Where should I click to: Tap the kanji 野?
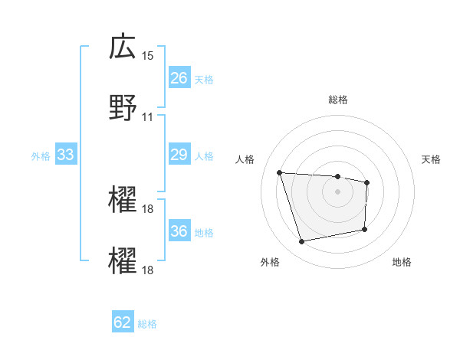[x=123, y=108]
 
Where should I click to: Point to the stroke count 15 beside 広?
[x=148, y=56]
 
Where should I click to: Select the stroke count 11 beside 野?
[x=148, y=117]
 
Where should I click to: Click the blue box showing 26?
[x=179, y=78]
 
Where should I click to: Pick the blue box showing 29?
[x=179, y=155]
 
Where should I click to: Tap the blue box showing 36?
[x=179, y=232]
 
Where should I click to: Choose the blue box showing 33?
[x=65, y=155]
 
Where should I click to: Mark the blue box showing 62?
[x=123, y=322]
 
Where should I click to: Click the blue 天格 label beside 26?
[x=203, y=79]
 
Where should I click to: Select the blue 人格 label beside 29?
[x=203, y=156]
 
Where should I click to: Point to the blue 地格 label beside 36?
[x=203, y=233]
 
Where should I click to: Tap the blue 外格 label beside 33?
[x=41, y=156]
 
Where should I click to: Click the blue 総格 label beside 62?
[x=147, y=323]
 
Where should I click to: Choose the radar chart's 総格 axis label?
[x=337, y=100]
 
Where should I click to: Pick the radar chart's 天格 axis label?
[x=432, y=159]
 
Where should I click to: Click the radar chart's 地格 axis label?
[x=402, y=262]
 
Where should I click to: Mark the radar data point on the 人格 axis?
[x=280, y=172]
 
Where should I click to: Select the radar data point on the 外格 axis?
[x=302, y=242]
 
